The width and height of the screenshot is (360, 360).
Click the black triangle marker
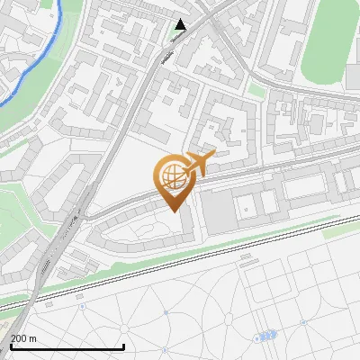pyautogui.click(x=182, y=24)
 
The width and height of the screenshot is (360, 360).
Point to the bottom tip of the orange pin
pyautogui.click(x=173, y=210)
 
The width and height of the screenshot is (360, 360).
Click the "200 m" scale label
pyautogui.click(x=23, y=338)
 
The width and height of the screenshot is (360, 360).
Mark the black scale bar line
pyautogui.click(x=67, y=347)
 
